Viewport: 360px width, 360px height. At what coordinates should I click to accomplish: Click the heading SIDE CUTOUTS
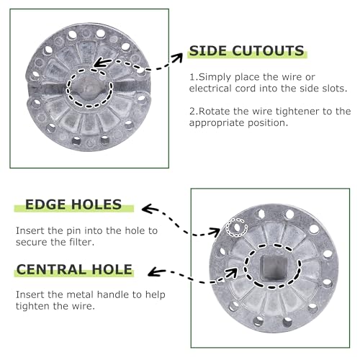point(246,51)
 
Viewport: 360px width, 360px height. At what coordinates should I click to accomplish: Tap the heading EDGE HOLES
point(73,204)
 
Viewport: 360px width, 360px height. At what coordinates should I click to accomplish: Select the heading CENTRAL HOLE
point(74,269)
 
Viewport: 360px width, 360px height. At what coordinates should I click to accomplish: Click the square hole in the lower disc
point(273,268)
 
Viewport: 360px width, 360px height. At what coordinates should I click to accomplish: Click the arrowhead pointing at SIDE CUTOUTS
point(178,58)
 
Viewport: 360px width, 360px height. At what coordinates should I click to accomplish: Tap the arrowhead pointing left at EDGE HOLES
point(148,209)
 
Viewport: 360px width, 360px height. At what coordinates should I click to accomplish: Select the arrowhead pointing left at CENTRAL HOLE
point(155,271)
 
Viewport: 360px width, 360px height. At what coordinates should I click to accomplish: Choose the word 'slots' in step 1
point(336,89)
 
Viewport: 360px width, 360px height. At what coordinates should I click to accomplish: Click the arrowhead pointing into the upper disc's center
point(101,63)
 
